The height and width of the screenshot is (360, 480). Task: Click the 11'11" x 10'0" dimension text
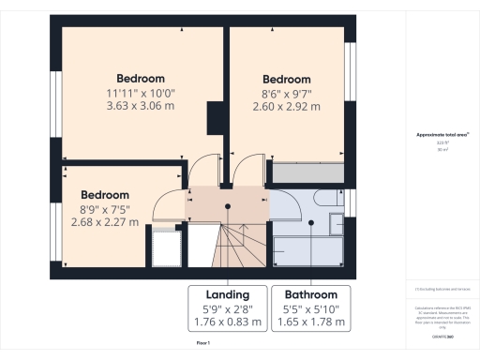[141, 93]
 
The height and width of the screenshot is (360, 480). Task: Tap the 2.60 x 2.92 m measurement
[286, 107]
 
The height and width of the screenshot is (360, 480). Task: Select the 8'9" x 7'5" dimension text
[104, 209]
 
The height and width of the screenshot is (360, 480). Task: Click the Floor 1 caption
[203, 344]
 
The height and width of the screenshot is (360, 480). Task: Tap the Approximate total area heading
[441, 135]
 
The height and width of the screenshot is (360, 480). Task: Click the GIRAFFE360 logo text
[441, 335]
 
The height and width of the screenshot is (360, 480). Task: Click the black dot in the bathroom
[310, 223]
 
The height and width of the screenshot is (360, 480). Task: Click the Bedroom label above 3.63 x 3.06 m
[141, 78]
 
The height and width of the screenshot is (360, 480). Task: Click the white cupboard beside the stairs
[165, 248]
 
